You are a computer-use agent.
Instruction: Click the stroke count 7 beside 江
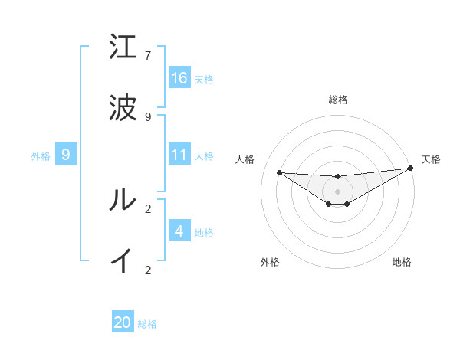[148, 56]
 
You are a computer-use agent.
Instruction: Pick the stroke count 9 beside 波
[148, 116]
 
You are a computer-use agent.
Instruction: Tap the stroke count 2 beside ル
[148, 208]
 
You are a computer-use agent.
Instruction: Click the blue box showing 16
[179, 77]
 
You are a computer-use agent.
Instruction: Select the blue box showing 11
[179, 155]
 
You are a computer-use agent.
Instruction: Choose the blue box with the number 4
[179, 231]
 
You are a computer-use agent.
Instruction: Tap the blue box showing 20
[123, 322]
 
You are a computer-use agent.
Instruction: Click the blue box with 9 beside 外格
[66, 155]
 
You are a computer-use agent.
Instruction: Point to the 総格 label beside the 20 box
[147, 324]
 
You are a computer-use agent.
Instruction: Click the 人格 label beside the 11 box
[204, 155]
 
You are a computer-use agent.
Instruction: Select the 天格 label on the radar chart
[431, 159]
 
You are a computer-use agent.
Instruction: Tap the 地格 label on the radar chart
[402, 262]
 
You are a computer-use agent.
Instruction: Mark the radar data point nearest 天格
[411, 169]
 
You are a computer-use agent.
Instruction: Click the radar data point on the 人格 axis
[279, 172]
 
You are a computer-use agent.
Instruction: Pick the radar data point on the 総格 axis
[338, 177]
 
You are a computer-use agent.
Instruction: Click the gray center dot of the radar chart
[338, 191]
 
